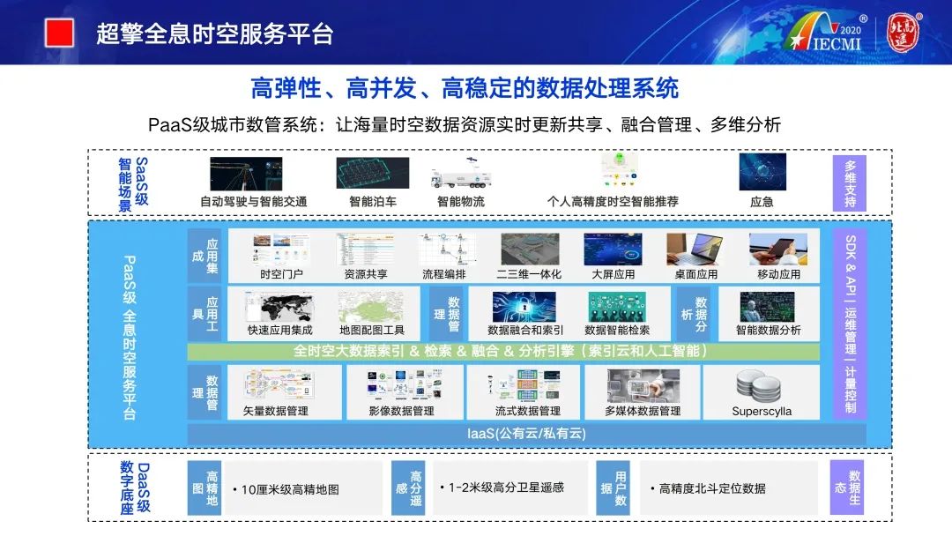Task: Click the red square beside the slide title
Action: [x=59, y=33]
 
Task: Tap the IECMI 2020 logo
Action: [x=827, y=34]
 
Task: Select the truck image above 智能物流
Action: [x=460, y=175]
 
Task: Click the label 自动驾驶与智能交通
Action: [x=253, y=202]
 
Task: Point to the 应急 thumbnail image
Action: [x=762, y=172]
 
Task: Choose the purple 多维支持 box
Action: [x=850, y=183]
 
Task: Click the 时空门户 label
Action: [x=281, y=274]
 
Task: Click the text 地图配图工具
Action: [x=372, y=331]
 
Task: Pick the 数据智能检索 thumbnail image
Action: [x=617, y=307]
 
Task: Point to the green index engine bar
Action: [x=502, y=351]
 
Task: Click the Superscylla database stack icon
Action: [x=762, y=386]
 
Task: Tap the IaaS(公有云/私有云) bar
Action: [x=526, y=434]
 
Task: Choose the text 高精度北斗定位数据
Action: [x=712, y=488]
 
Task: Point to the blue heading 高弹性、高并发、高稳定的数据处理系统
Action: [x=465, y=89]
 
